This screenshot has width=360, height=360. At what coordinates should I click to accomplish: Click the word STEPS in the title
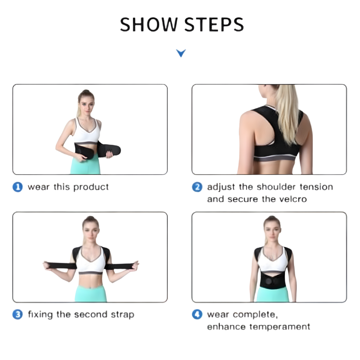[x=214, y=24]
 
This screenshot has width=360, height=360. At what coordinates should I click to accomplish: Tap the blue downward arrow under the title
[x=181, y=53]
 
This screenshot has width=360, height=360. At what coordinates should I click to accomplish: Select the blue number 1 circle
[x=17, y=187]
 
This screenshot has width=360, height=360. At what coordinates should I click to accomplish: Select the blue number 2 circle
[x=197, y=187]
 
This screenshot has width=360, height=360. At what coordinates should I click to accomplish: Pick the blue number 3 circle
[x=17, y=314]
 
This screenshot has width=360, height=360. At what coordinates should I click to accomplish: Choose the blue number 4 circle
[x=197, y=314]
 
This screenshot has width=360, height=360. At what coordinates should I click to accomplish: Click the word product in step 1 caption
[x=91, y=187]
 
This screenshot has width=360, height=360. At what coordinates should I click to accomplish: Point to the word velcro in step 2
[x=293, y=199]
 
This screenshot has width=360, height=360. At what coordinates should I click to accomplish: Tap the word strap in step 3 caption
[x=123, y=315]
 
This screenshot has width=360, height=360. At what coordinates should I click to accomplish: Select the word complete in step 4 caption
[x=255, y=315]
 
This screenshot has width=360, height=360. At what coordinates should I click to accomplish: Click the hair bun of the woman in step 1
[x=86, y=92]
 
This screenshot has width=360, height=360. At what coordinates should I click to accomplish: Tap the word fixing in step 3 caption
[x=40, y=315]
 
